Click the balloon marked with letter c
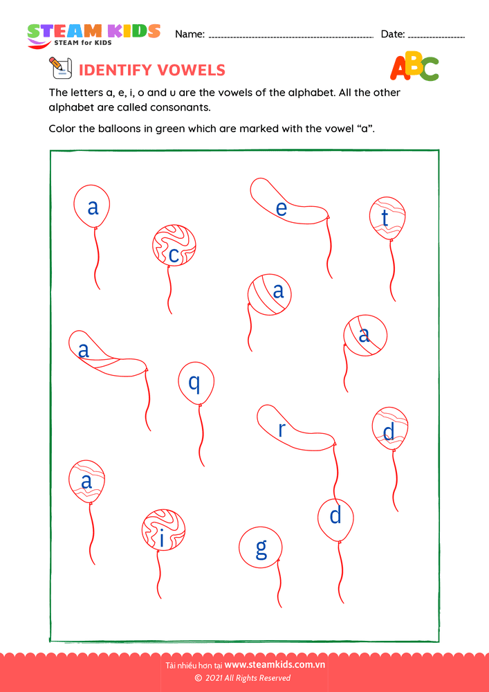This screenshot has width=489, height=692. (x=174, y=246)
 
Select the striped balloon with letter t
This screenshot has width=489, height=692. (x=387, y=218)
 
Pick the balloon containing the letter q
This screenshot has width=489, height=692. (x=196, y=383)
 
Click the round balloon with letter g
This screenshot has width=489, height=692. (x=261, y=548)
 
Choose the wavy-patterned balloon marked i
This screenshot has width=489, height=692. (x=163, y=531)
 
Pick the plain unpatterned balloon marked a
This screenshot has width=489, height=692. (x=92, y=206)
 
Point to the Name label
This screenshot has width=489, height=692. (x=190, y=34)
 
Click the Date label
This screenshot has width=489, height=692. (x=393, y=34)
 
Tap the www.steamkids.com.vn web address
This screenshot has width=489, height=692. (x=275, y=665)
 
